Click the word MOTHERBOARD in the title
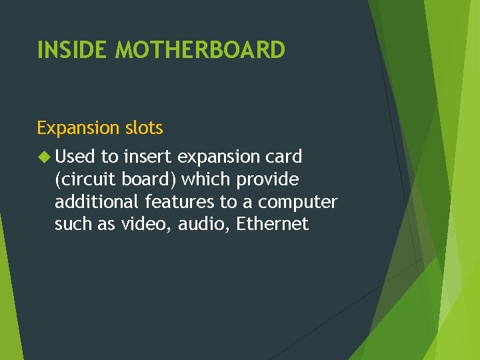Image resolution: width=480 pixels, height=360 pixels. click(200, 50)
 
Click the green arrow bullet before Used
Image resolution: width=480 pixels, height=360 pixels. click(44, 157)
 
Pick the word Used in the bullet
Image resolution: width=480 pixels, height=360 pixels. click(75, 157)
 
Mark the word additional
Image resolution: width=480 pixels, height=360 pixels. click(95, 202)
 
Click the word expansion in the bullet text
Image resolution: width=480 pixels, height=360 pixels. click(219, 158)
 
